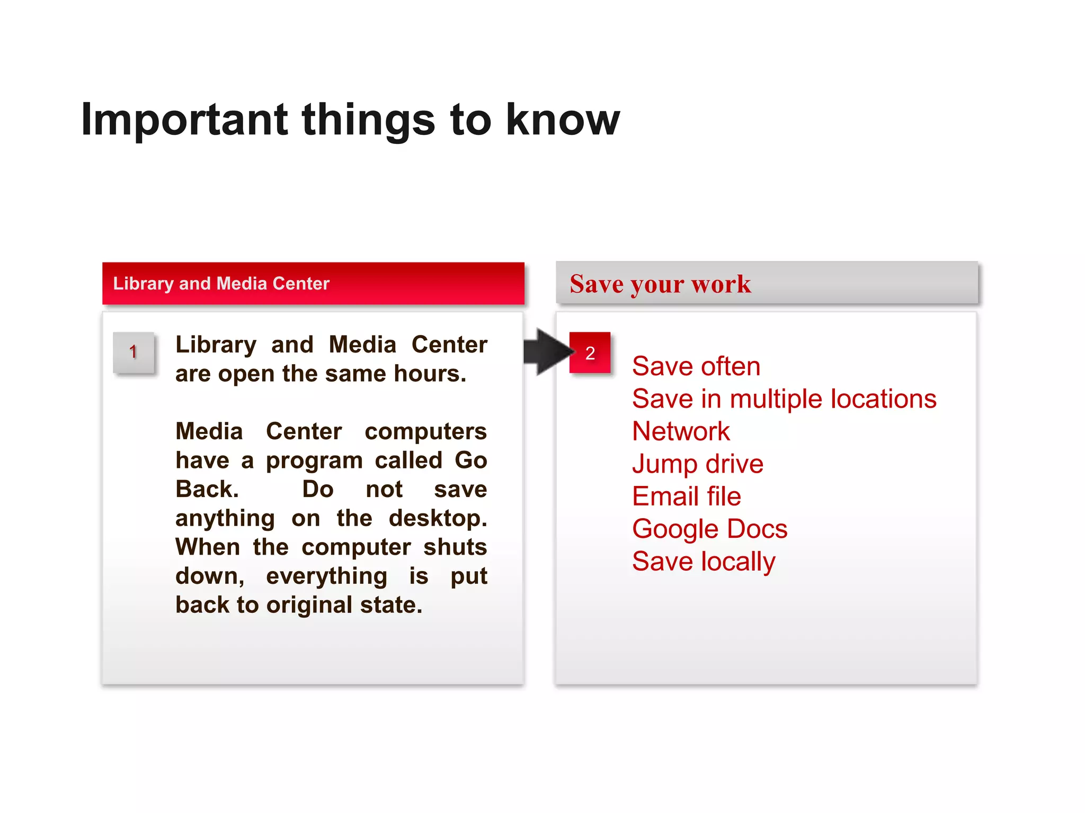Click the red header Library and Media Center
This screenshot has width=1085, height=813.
pyautogui.click(x=221, y=284)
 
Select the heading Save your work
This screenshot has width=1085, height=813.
pyautogui.click(x=660, y=284)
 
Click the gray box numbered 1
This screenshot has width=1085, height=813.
pyautogui.click(x=134, y=353)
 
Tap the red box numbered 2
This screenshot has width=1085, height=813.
pyautogui.click(x=590, y=353)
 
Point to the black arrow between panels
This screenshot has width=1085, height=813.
pyautogui.click(x=547, y=352)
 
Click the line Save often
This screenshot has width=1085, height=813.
pyautogui.click(x=696, y=366)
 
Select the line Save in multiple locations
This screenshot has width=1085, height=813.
pyautogui.click(x=784, y=399)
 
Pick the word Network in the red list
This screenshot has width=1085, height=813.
pyautogui.click(x=681, y=431)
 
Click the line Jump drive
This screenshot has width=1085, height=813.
pyautogui.click(x=697, y=464)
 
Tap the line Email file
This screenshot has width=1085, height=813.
pyautogui.click(x=686, y=496)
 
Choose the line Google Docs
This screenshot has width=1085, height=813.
pyautogui.click(x=709, y=529)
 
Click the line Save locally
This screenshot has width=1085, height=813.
pyautogui.click(x=703, y=562)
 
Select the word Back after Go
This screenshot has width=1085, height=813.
pyautogui.click(x=206, y=489)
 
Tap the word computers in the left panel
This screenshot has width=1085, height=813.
pyautogui.click(x=425, y=431)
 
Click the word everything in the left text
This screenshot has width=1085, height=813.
pyautogui.click(x=326, y=576)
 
